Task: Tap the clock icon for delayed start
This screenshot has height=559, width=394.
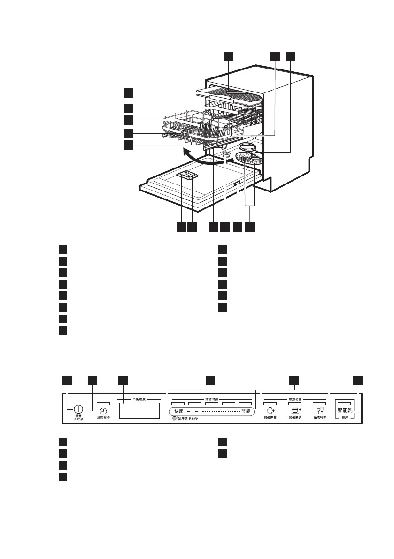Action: click(103, 409)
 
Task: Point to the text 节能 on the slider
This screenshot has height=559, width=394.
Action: click(246, 411)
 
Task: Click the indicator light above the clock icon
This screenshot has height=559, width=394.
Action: click(103, 403)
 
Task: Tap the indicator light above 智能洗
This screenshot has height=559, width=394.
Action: click(344, 403)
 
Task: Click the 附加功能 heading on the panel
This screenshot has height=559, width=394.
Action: click(294, 399)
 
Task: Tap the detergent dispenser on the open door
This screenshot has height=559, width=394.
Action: click(189, 176)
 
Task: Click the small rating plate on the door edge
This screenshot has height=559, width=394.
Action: click(237, 185)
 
